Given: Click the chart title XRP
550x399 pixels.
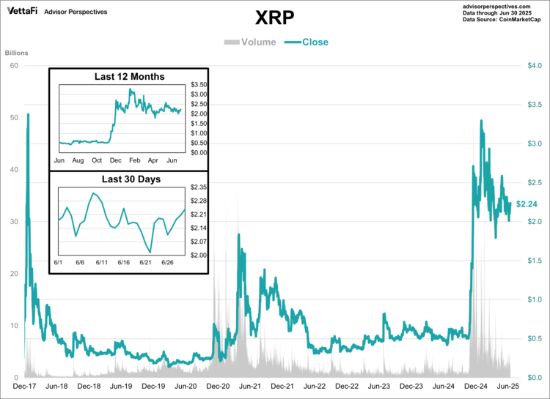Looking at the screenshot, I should coord(274,17).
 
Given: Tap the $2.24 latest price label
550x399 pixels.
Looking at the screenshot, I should coord(527,204).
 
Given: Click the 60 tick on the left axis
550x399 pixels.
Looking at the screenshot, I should coord(14,66).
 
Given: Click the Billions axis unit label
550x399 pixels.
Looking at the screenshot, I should coord(17,53).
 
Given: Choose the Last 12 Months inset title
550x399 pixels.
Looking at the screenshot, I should coord(129,77).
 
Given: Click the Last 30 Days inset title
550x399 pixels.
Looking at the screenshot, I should coord(128,179).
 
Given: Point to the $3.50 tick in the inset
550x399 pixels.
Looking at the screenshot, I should coord(199,85).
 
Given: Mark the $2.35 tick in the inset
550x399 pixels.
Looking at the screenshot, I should coord(199,187).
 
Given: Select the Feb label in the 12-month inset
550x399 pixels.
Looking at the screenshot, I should coord(134,159).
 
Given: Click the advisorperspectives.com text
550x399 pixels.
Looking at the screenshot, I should coord(496,6).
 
